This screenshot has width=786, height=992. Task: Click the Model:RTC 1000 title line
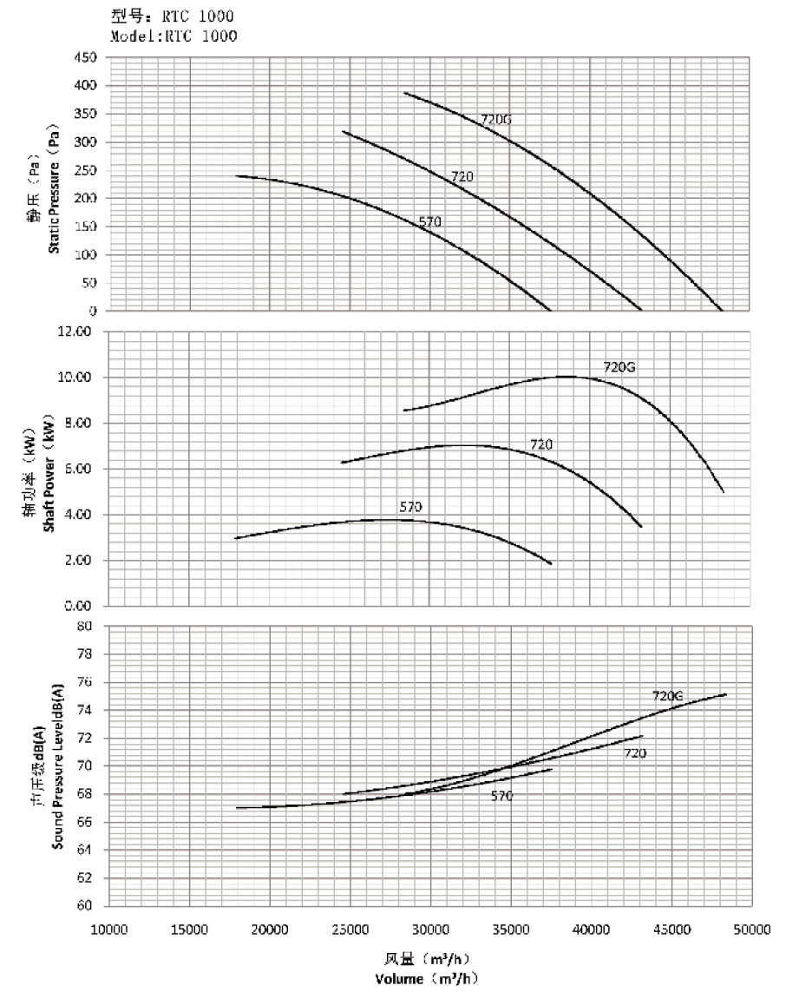(x=174, y=36)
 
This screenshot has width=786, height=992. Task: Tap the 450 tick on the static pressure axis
(x=88, y=57)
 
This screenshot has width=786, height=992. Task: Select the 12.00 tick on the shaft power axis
(x=83, y=332)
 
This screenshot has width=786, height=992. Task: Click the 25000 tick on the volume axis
(x=350, y=930)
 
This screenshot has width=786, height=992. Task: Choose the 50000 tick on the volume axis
(x=750, y=930)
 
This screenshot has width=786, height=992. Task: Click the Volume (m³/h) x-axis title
(x=427, y=979)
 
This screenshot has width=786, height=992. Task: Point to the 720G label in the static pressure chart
(x=495, y=119)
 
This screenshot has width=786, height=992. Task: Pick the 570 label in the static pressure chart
(x=431, y=222)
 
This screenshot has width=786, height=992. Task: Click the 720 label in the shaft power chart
(x=541, y=445)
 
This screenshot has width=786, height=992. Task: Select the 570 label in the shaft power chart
(x=410, y=507)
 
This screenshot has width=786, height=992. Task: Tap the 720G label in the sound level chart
(x=668, y=696)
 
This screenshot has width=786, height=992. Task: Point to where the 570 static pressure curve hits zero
(x=550, y=310)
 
